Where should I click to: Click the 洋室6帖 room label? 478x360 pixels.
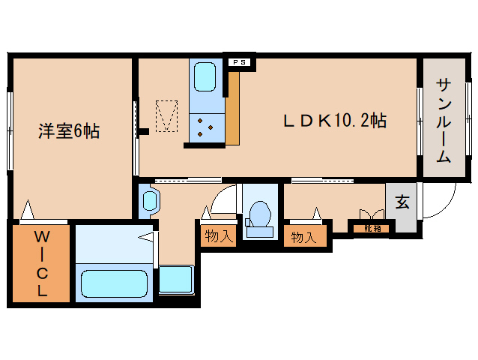[69, 131]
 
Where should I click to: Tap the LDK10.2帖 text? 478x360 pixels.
[334, 120]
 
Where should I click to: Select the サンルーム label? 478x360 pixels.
[443, 120]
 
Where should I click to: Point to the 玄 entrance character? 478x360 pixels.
[402, 202]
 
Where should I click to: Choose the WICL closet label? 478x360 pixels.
[41, 263]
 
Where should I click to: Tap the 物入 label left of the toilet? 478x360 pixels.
[218, 237]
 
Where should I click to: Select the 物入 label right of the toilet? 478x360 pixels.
[303, 237]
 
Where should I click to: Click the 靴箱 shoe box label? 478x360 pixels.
[372, 226]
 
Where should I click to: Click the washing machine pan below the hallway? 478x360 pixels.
[177, 279]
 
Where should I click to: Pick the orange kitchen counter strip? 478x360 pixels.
[233, 109]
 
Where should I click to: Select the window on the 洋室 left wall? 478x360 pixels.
[10, 120]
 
